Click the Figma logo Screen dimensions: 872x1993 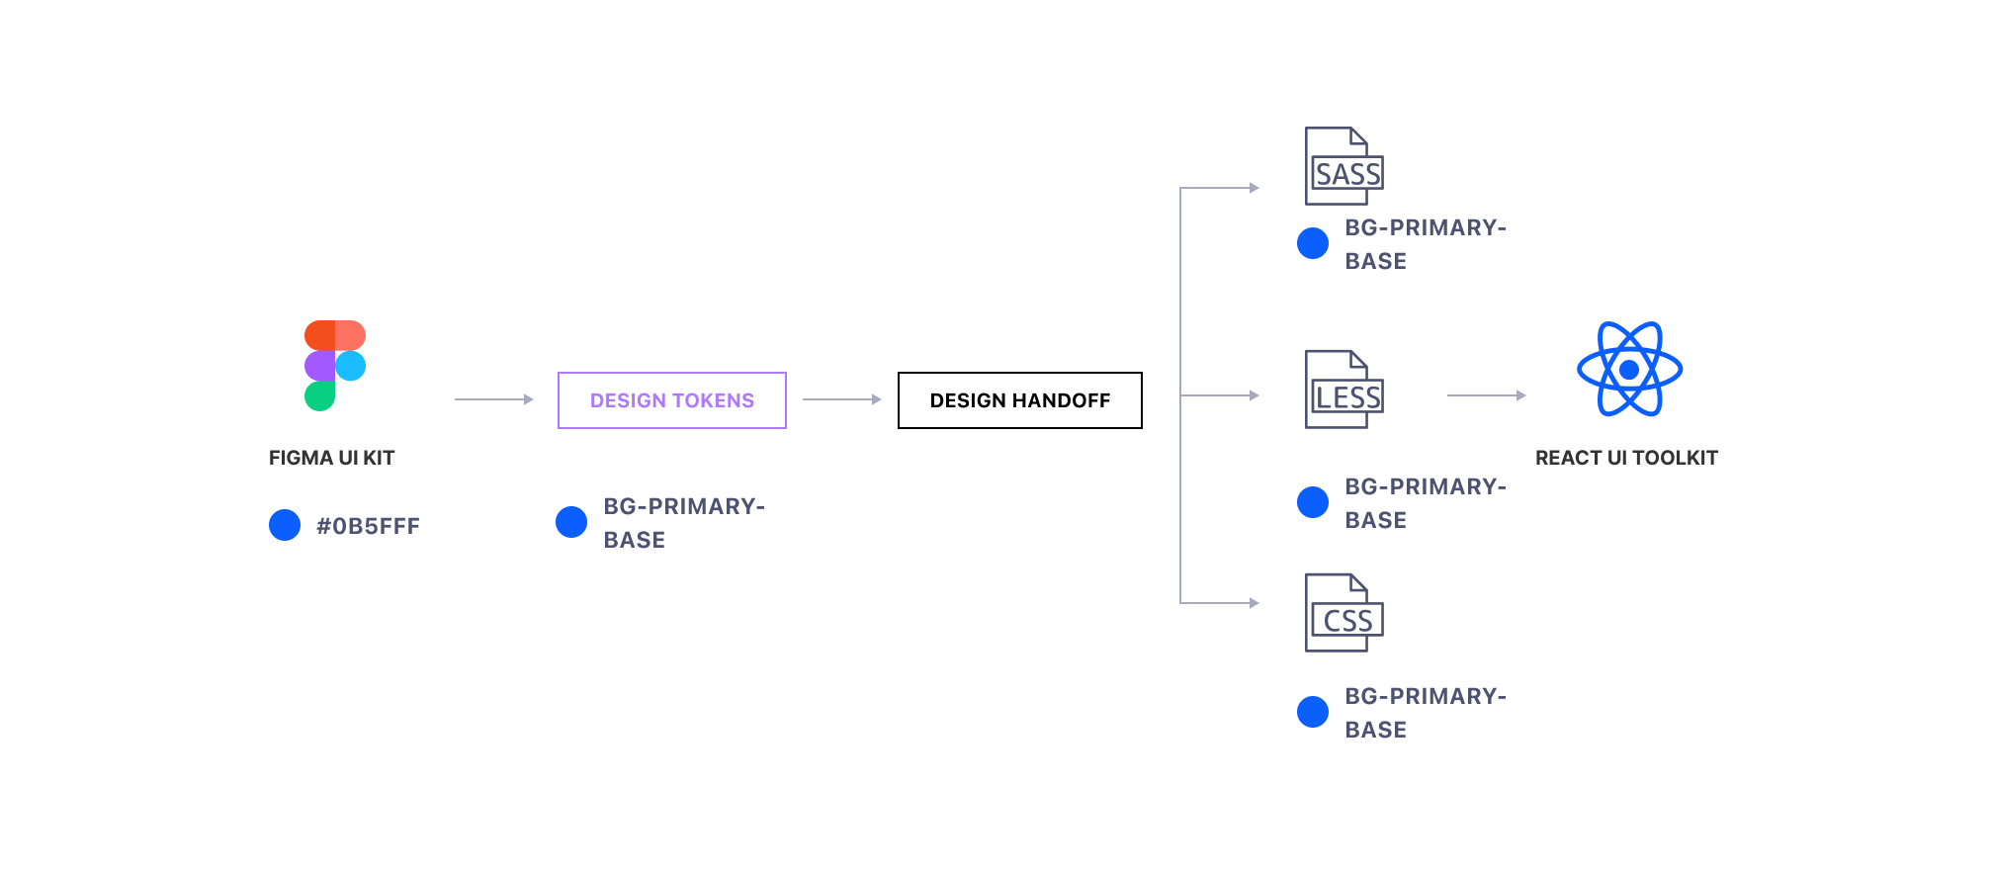tap(335, 365)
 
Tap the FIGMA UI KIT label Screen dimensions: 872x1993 tap(331, 458)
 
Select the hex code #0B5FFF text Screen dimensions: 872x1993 tap(368, 526)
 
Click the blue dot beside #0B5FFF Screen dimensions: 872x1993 tap(285, 525)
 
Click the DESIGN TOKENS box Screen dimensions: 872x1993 tap(672, 400)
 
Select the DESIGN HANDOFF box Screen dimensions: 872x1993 tap(1019, 400)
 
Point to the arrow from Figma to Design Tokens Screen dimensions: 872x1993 tap(493, 399)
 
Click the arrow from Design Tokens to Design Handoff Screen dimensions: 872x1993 tap(841, 399)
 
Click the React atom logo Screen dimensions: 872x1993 tap(1629, 369)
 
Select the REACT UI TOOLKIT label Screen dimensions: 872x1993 tap(1626, 458)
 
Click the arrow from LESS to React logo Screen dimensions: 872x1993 tap(1486, 395)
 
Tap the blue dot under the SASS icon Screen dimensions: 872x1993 tap(1313, 243)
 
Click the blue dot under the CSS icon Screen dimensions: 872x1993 tap(1313, 712)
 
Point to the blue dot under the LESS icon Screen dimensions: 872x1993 tap(1313, 502)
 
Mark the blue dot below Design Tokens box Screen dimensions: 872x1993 tap(571, 522)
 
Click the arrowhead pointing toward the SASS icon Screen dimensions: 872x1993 tap(1254, 188)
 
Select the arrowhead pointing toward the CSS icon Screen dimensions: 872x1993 tap(1254, 603)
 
